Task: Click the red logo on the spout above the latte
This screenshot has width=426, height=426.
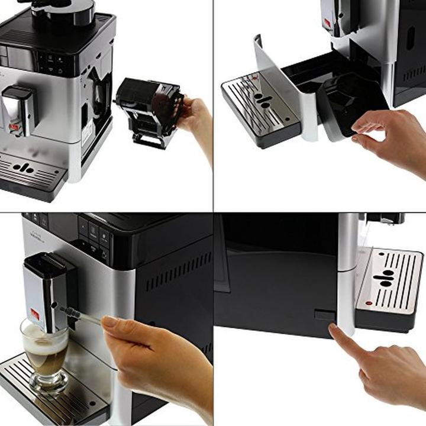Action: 35,314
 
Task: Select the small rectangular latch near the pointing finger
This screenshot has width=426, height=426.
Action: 325,314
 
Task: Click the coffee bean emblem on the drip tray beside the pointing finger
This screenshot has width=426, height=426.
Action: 385,277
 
